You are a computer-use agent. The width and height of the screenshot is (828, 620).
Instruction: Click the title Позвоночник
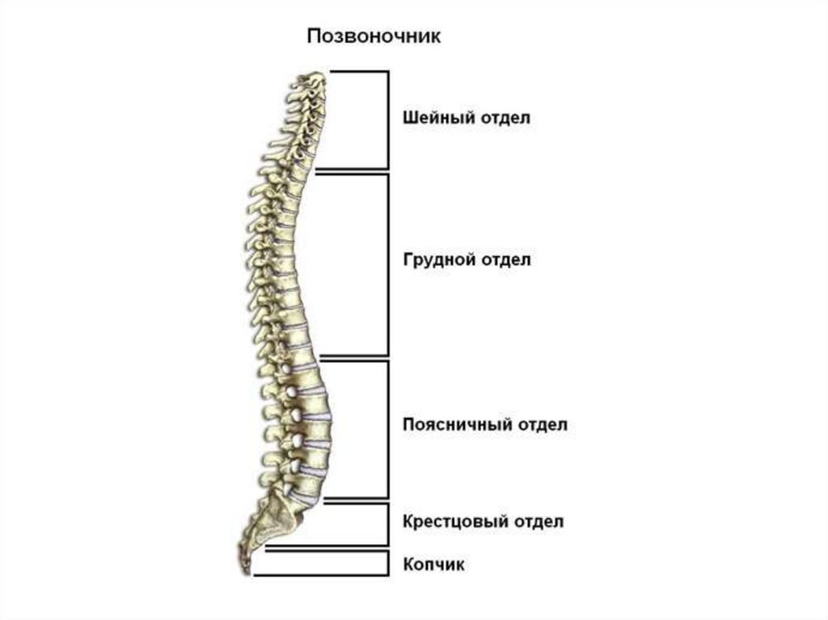pyautogui.click(x=373, y=37)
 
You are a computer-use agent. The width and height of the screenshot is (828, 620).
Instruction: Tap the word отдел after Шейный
pyautogui.click(x=506, y=118)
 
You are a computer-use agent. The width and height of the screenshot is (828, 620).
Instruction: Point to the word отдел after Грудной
pyautogui.click(x=506, y=260)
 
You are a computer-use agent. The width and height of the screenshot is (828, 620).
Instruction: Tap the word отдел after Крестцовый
pyautogui.click(x=539, y=521)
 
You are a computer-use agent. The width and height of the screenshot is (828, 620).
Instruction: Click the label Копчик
pyautogui.click(x=433, y=564)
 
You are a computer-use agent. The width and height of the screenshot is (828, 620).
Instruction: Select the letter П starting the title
pyautogui.click(x=312, y=37)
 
